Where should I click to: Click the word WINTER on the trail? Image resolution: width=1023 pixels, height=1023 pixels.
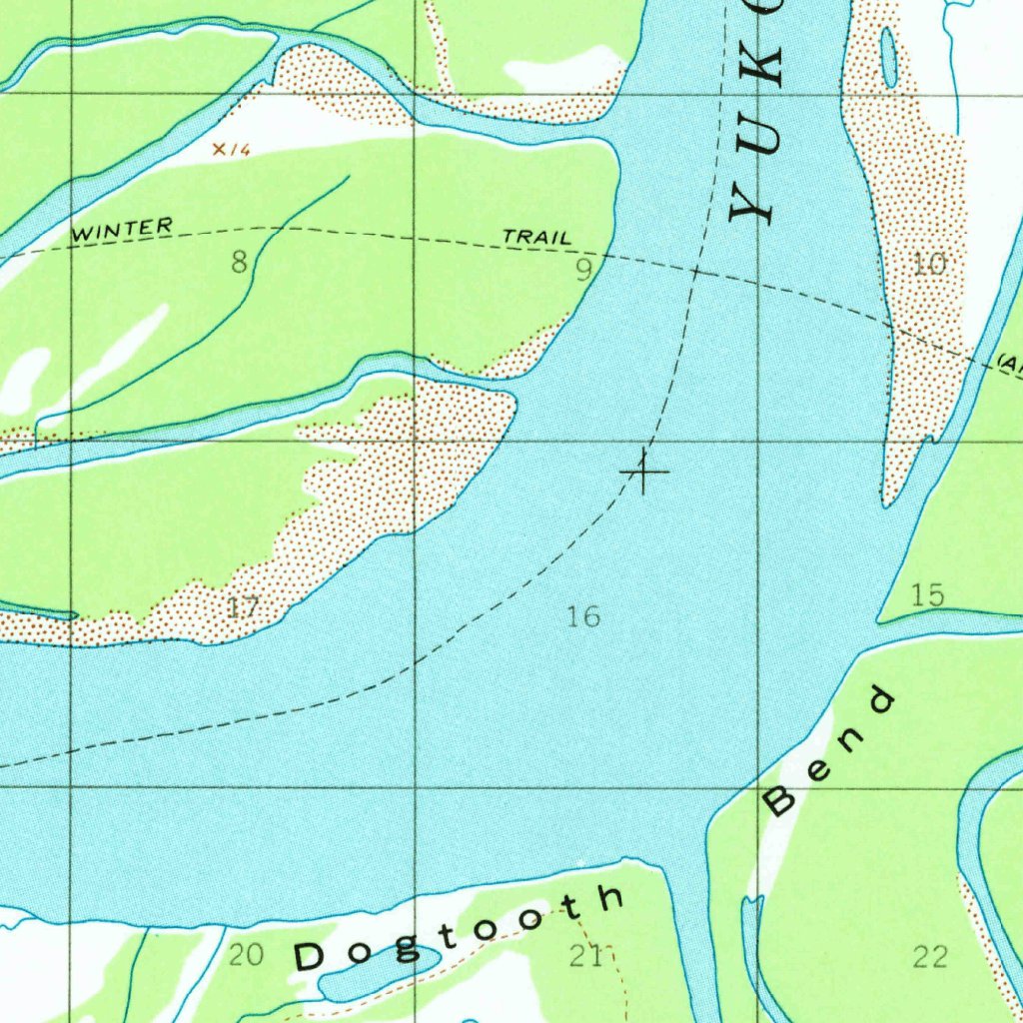(123, 230)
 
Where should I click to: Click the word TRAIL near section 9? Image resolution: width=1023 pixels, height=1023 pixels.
(537, 238)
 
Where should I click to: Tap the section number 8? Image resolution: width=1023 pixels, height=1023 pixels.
(239, 263)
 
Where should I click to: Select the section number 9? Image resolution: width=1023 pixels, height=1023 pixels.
(584, 270)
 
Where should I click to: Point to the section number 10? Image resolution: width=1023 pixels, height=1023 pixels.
(929, 264)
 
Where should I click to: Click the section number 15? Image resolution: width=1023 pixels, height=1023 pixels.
(928, 595)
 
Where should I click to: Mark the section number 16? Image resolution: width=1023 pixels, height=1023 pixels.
(583, 616)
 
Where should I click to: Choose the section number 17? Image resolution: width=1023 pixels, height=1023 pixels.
(243, 606)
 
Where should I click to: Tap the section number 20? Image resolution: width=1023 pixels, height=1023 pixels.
(246, 956)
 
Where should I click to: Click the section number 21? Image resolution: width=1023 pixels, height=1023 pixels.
(586, 957)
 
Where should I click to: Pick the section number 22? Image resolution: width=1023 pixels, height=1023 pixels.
(930, 957)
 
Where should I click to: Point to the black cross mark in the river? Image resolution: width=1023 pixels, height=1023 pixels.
(645, 471)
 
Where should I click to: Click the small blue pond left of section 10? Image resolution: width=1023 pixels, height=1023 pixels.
(888, 57)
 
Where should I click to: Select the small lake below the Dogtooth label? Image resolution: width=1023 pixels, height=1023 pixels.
(380, 974)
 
